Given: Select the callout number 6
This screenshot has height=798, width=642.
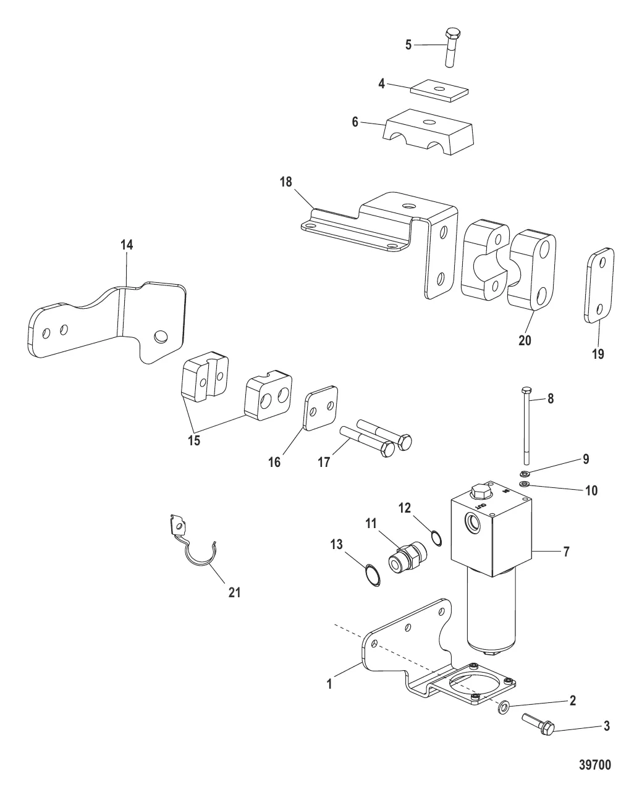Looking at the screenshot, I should point(355,122).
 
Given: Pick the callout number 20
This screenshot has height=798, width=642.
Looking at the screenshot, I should point(525,340).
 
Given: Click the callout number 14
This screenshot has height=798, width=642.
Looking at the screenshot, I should point(126,245).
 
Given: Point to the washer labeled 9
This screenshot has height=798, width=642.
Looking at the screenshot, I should point(525,474).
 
